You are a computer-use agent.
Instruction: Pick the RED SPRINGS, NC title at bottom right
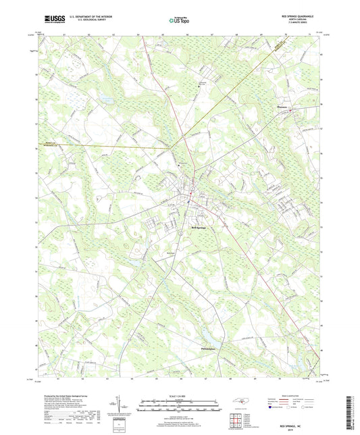coord(298,420)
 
